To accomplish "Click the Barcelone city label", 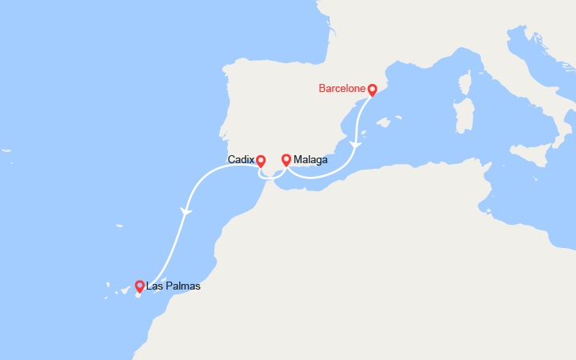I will tap(342, 89).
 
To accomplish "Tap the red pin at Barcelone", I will tap(372, 90).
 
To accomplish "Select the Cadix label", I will tap(240, 160).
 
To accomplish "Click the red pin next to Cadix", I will tap(261, 160).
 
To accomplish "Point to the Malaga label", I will tap(310, 160).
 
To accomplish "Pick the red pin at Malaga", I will tap(286, 159).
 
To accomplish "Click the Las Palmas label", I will tap(174, 286).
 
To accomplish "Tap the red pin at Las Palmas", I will tap(139, 286).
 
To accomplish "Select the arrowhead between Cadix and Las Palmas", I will tap(186, 211).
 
